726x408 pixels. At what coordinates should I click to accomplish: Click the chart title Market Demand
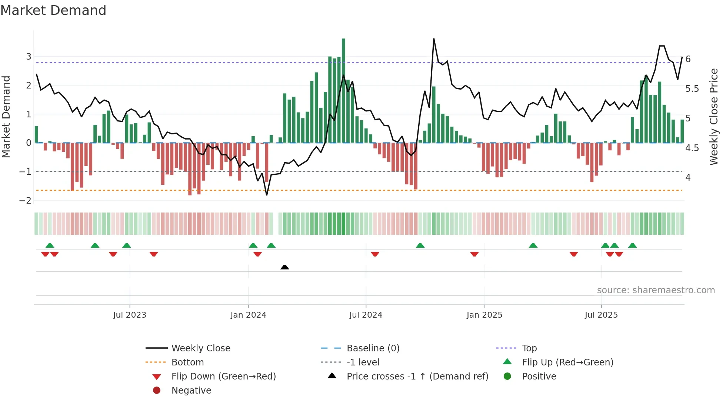(53, 10)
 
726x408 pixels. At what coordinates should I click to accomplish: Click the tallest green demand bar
(343, 91)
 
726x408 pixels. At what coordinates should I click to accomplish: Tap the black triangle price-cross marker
(284, 267)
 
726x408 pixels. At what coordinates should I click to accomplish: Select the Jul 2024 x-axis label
(366, 315)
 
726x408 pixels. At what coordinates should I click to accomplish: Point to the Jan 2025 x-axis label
(484, 315)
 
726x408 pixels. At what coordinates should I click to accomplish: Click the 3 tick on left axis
(29, 57)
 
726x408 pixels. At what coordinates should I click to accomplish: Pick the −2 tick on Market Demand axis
(26, 200)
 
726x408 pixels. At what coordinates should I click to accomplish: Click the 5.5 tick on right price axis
(692, 89)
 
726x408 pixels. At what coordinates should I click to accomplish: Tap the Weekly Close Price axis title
(714, 117)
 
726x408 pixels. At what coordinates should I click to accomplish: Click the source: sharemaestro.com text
(656, 290)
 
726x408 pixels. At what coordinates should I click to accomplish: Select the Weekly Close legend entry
(200, 348)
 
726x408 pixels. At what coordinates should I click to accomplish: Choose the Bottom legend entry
(187, 362)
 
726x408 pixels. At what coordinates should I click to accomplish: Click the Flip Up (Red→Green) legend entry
(567, 362)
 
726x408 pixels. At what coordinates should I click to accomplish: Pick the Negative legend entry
(191, 391)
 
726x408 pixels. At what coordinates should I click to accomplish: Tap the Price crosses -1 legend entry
(417, 377)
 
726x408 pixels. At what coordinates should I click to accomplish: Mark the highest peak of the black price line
(434, 39)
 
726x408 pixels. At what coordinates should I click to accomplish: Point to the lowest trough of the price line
(267, 195)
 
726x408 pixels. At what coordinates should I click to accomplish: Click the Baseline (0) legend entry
(373, 348)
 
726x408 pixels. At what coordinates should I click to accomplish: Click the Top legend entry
(529, 348)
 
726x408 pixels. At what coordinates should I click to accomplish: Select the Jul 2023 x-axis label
(130, 315)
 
